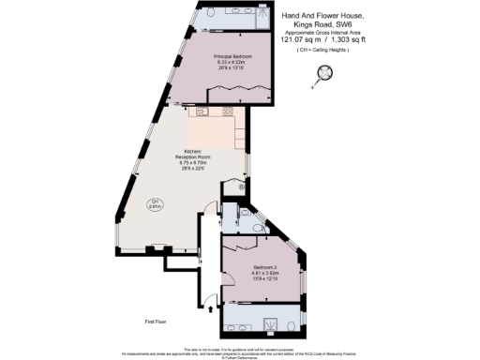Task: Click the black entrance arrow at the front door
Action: coord(208,307)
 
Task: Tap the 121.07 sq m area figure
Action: coord(299,39)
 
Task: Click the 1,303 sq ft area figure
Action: coord(349,39)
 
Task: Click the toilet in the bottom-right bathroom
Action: coord(294,327)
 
